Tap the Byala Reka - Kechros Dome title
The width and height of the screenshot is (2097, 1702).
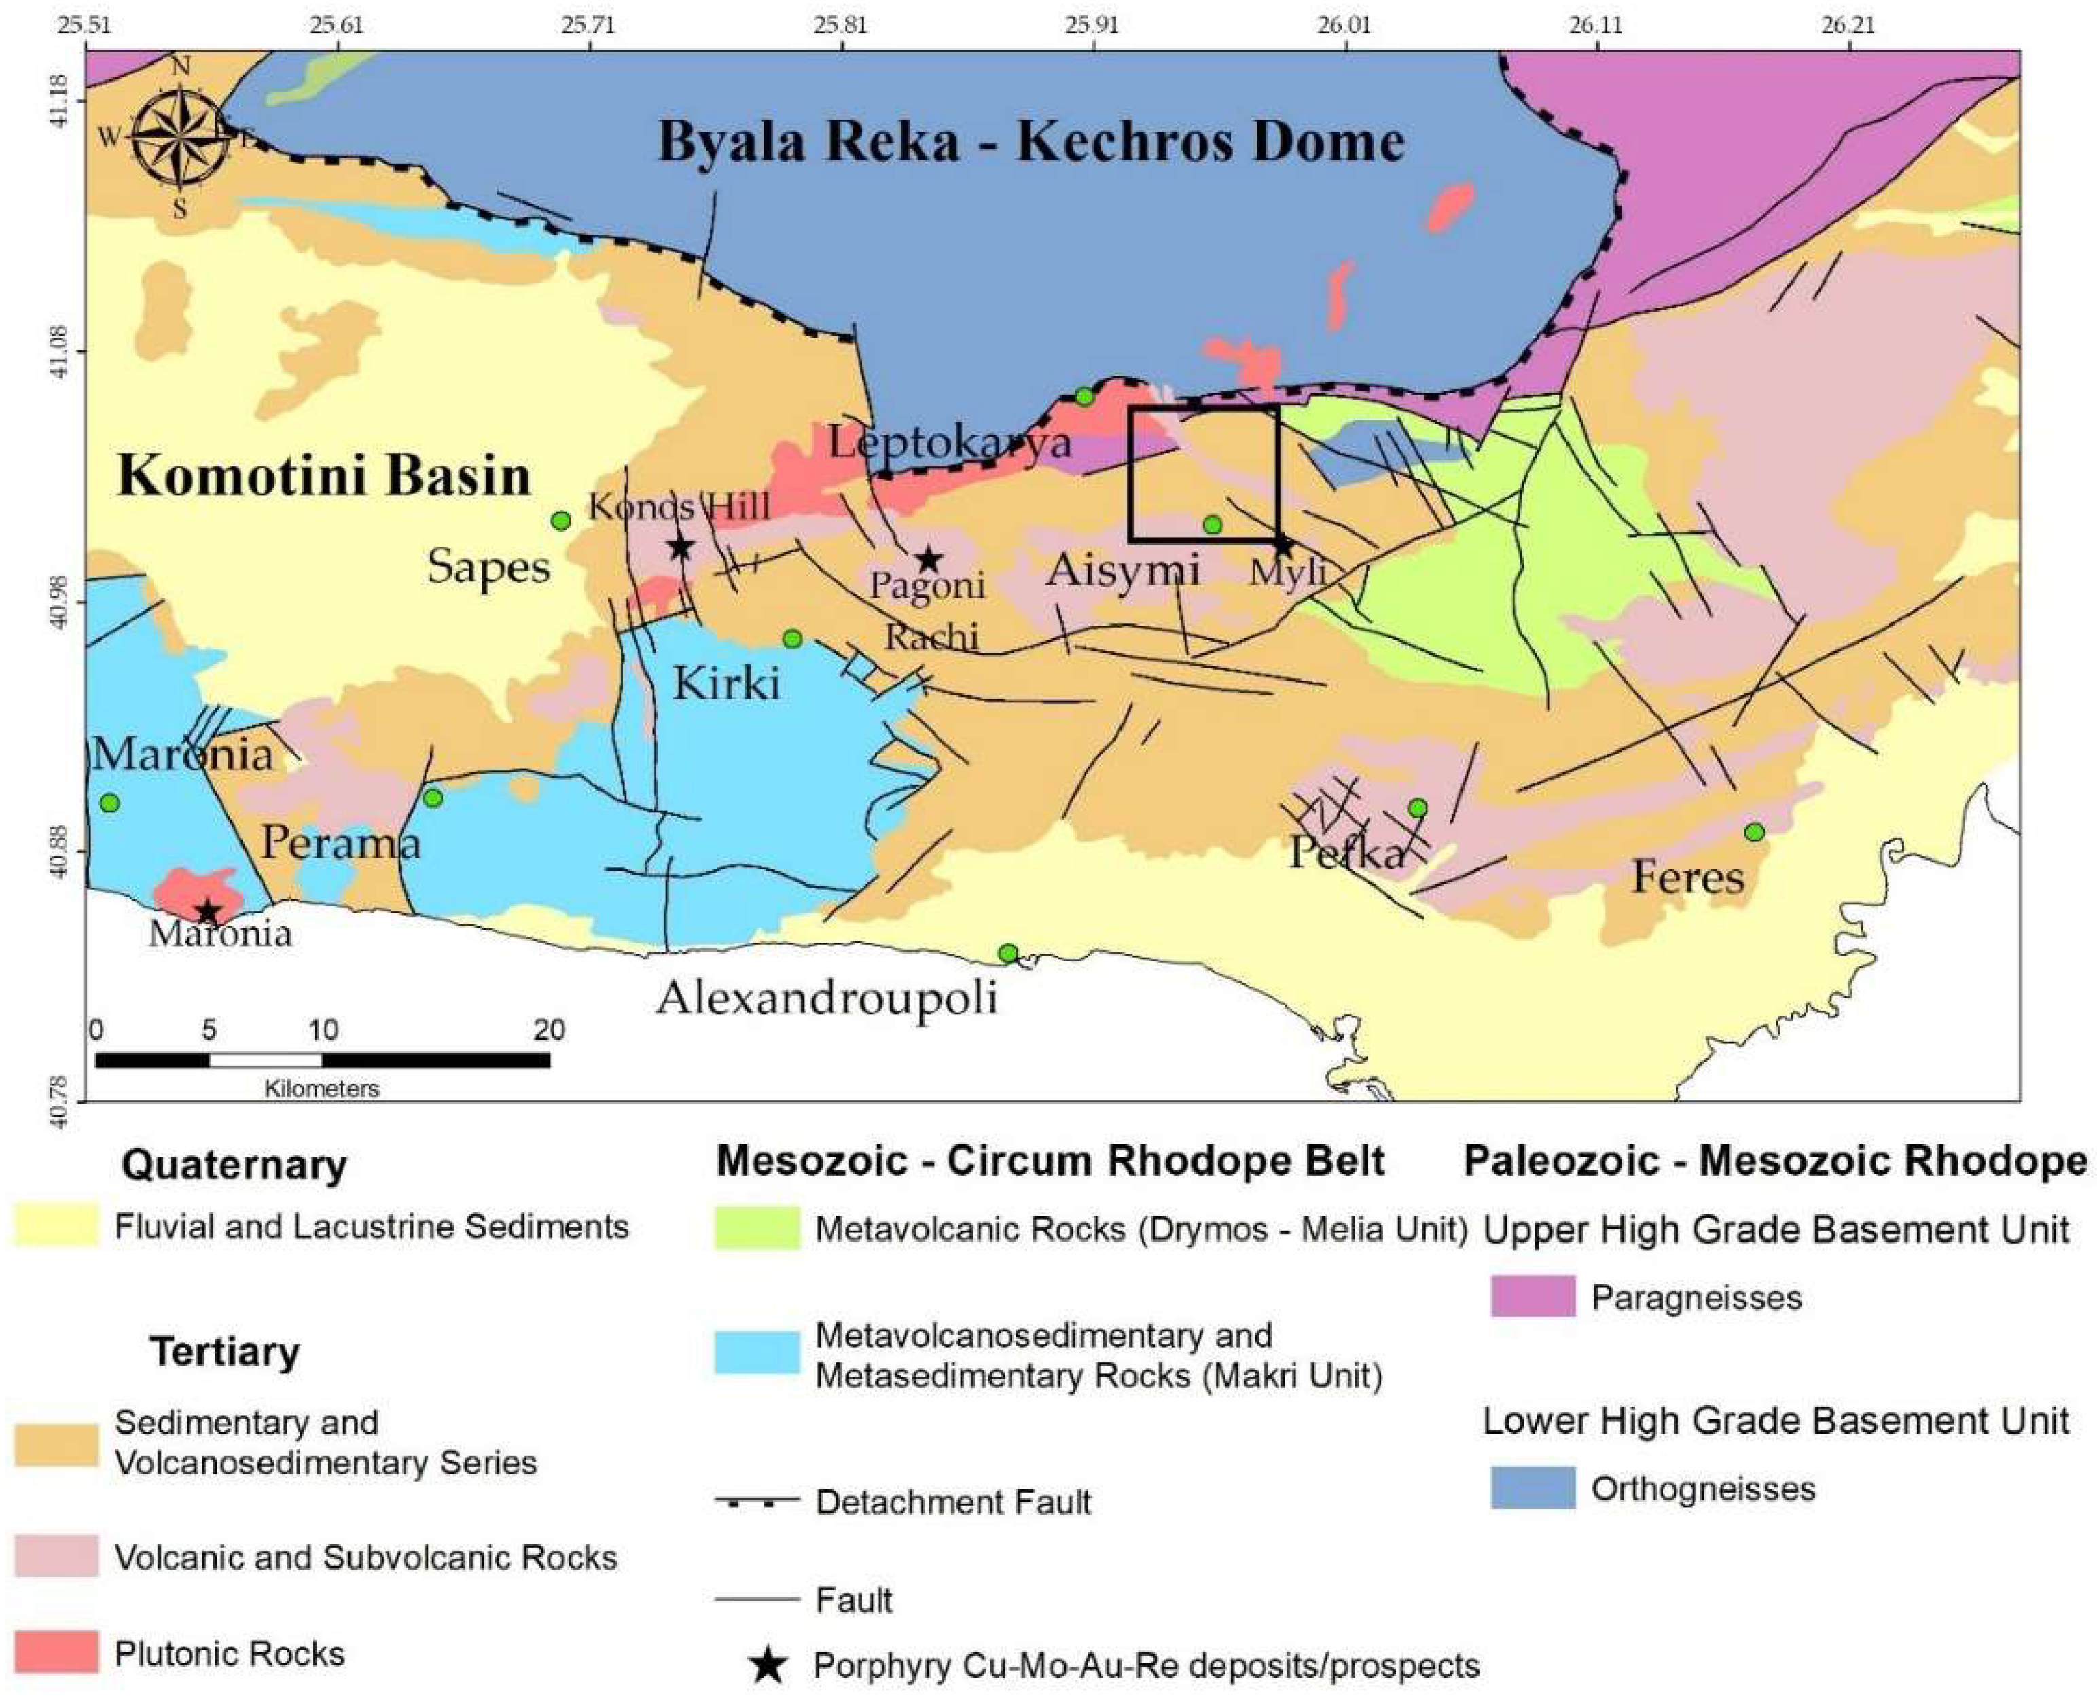(1030, 141)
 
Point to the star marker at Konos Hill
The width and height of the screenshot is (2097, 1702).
(681, 547)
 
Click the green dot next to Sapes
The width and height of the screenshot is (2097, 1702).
(561, 521)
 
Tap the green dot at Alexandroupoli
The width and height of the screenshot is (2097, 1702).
(1007, 953)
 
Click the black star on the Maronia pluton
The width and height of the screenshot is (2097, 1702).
(208, 911)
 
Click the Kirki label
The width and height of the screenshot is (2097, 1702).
(725, 683)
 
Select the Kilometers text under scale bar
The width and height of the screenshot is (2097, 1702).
(321, 1088)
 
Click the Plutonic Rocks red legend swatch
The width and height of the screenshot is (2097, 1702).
(56, 1652)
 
